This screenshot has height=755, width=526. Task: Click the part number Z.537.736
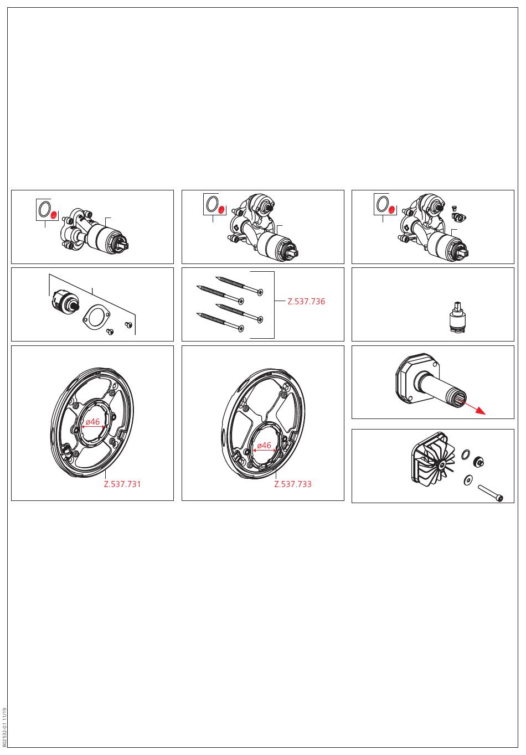coord(306,301)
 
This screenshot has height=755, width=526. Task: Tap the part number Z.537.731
coord(122,484)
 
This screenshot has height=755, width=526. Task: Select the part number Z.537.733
coord(293,484)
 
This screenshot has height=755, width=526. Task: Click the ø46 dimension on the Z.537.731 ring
coord(92,422)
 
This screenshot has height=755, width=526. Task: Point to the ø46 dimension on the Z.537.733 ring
coord(264,445)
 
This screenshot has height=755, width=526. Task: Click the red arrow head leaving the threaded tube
coord(482,412)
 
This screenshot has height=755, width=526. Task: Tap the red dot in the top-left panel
coord(54,215)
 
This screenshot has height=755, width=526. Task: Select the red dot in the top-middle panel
coord(221,210)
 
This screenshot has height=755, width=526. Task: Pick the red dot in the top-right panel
coord(391,210)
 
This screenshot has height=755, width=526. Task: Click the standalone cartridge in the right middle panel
coord(457,317)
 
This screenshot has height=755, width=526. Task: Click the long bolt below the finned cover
coord(491,493)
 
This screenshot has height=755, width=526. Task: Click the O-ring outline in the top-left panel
coord(44,209)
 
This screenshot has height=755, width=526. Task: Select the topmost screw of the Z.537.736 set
coord(239,285)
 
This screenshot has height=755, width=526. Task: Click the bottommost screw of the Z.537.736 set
coord(220,323)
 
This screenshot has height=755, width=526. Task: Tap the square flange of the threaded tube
coord(415,377)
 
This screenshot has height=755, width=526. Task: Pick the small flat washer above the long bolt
coord(468,479)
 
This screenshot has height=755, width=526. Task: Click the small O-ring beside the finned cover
coord(465,454)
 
